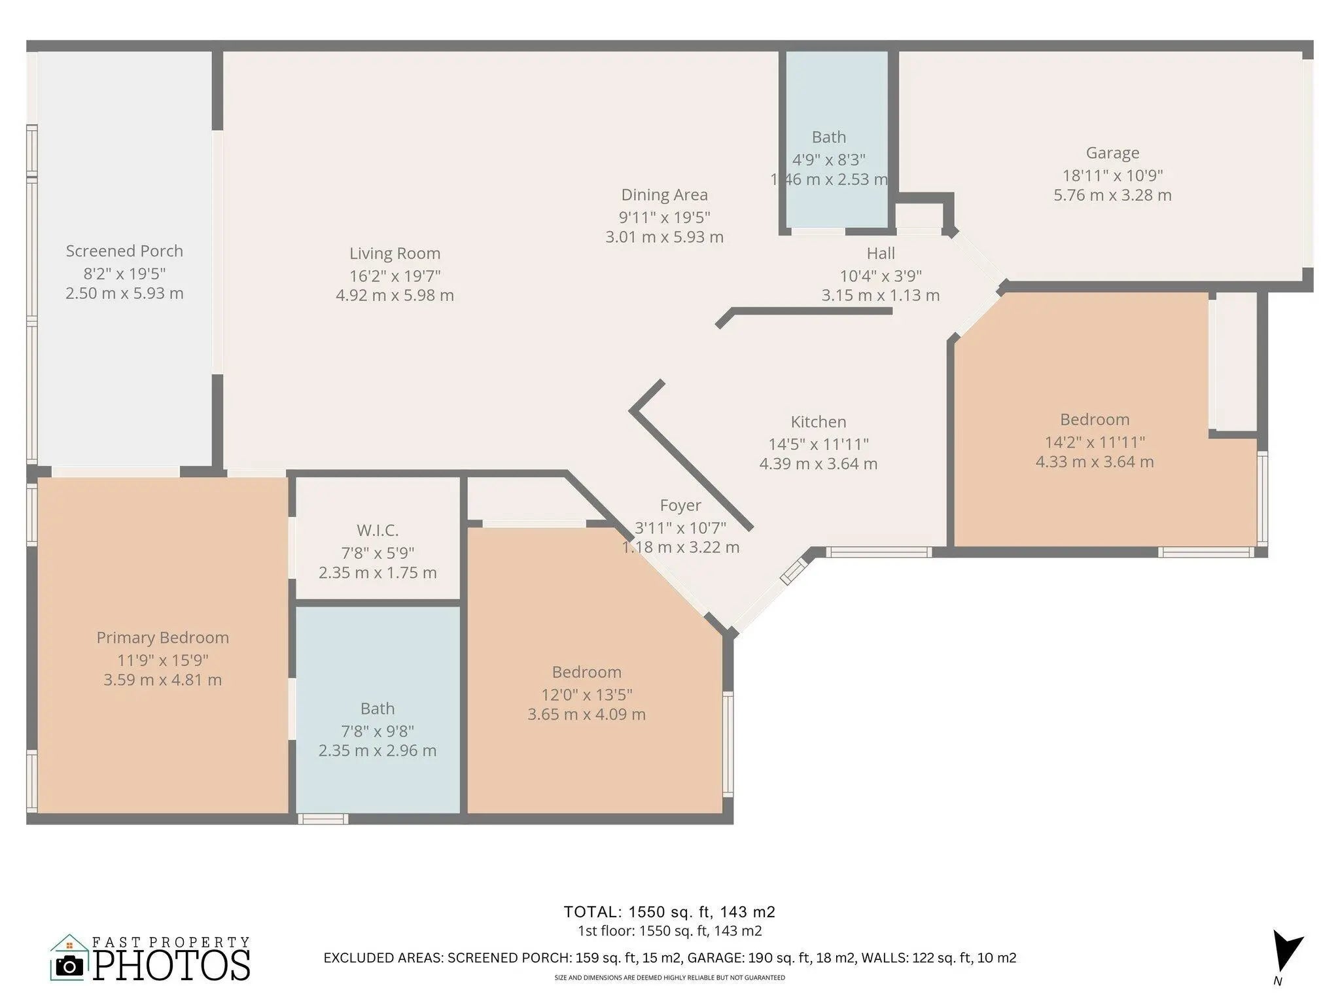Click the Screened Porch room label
[x=124, y=251]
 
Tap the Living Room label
[x=395, y=254]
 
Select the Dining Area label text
[x=664, y=195]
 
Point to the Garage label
[x=1112, y=153]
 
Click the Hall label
[x=881, y=253]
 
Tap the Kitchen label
[x=818, y=422]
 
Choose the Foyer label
[x=680, y=505]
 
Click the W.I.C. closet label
[x=378, y=530]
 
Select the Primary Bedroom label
[x=162, y=638]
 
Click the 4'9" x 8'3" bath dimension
[x=828, y=160]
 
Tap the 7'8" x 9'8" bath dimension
[x=378, y=731]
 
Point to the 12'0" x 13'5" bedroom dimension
[x=586, y=694]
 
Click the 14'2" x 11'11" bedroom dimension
[x=1094, y=442]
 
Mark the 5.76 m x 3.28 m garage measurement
[x=1112, y=195]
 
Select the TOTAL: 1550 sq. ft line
[x=669, y=911]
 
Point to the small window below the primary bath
[x=323, y=818]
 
